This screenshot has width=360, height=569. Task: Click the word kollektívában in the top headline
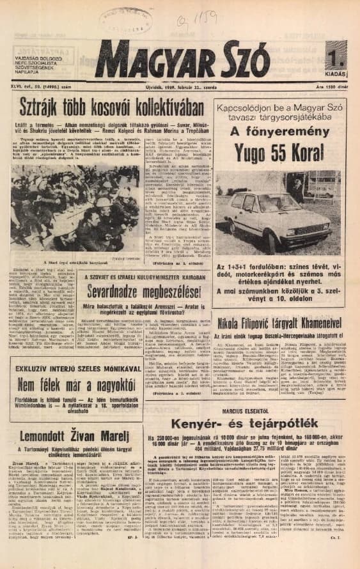[145, 107]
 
